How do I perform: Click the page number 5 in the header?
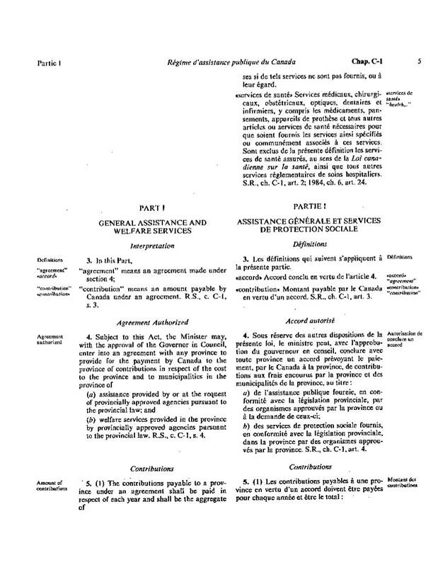[x=420, y=62]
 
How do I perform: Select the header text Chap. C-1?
[x=366, y=62]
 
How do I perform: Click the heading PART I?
[x=152, y=210]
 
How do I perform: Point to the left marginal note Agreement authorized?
[x=50, y=338]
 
